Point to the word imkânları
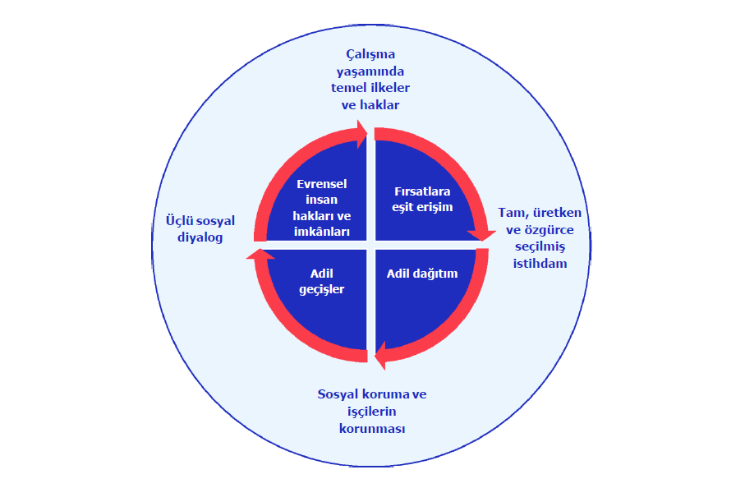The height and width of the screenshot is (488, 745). click(x=321, y=232)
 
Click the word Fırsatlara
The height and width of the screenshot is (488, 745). click(x=422, y=191)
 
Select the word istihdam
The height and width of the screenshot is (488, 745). click(x=540, y=264)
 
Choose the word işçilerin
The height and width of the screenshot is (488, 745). click(x=372, y=411)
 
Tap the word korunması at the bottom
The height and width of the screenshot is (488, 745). click(x=372, y=428)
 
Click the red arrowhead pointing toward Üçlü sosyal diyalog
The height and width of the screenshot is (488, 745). click(x=256, y=256)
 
